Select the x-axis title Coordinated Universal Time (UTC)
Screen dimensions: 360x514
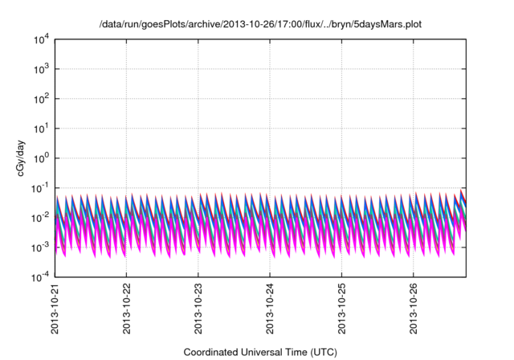tap(259, 352)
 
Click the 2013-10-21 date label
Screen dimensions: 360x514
tap(55, 309)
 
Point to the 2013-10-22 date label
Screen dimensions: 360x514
tap(127, 309)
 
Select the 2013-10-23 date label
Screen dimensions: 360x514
tap(199, 309)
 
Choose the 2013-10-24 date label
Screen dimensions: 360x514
tap(271, 309)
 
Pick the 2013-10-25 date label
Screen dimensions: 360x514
tap(343, 309)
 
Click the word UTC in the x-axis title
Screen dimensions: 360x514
tap(321, 352)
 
